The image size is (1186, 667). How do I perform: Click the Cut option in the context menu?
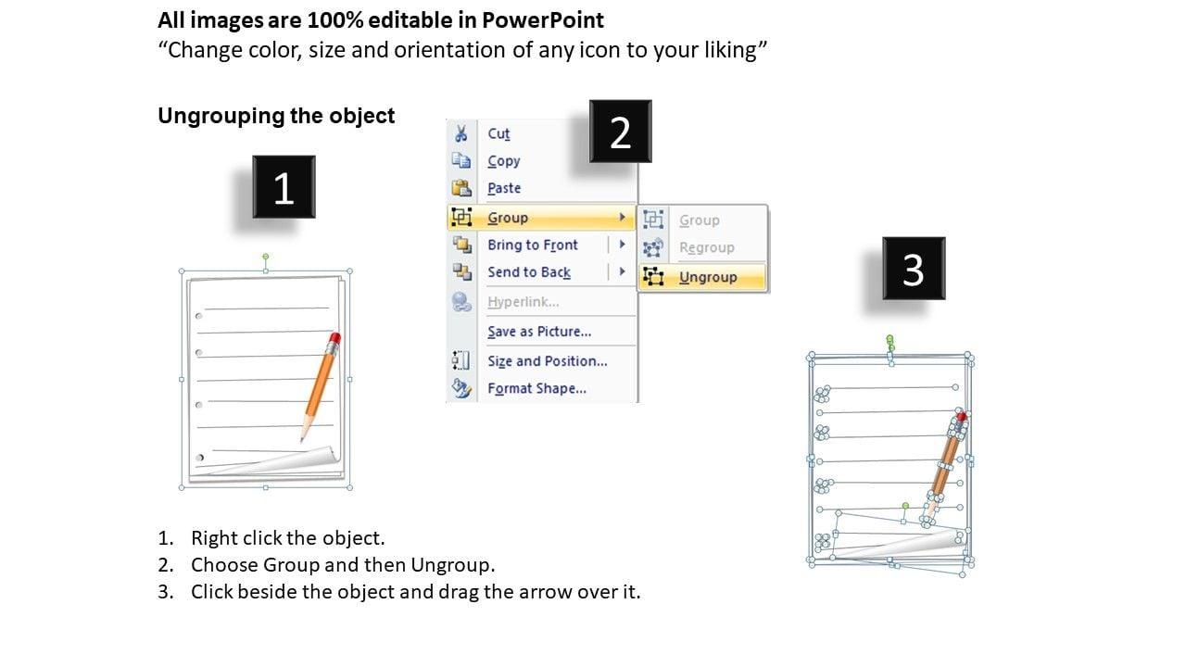pyautogui.click(x=498, y=134)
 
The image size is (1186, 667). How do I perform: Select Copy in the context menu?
pyautogui.click(x=503, y=161)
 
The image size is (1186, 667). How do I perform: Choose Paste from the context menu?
pyautogui.click(x=504, y=188)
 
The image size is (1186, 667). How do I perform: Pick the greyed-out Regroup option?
pyautogui.click(x=706, y=247)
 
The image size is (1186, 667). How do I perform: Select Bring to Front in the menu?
pyautogui.click(x=532, y=245)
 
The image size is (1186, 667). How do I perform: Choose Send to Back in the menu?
pyautogui.click(x=529, y=272)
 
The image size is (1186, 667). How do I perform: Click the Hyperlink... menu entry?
pyautogui.click(x=523, y=302)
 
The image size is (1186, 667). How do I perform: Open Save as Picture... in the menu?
pyautogui.click(x=539, y=332)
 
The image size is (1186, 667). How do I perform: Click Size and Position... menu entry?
pyautogui.click(x=547, y=361)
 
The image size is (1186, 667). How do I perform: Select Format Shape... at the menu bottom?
pyautogui.click(x=536, y=388)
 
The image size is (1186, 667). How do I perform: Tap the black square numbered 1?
pyautogui.click(x=284, y=187)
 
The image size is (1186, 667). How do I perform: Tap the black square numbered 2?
pyautogui.click(x=621, y=132)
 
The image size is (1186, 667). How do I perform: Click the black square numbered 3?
pyautogui.click(x=914, y=269)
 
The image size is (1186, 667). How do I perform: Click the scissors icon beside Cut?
pyautogui.click(x=461, y=133)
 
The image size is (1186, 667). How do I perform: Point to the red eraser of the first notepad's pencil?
pyautogui.click(x=334, y=338)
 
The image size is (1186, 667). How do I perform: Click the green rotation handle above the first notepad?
pyautogui.click(x=266, y=257)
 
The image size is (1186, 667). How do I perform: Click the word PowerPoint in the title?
pyautogui.click(x=543, y=20)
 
